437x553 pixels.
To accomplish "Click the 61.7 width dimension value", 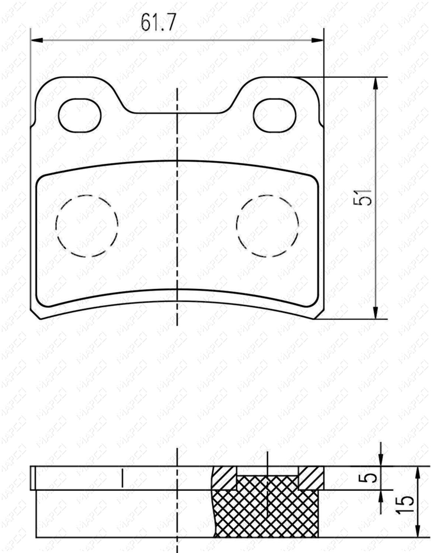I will point(158,22).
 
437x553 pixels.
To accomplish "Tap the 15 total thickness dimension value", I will point(405,506).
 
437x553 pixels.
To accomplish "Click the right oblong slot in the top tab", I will point(275,115).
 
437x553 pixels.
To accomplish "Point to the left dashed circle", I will point(87,225).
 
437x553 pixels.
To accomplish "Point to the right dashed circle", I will point(268,225).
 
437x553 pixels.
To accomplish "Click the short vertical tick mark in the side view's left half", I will point(121,478).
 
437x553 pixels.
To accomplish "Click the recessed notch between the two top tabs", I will point(178,111).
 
